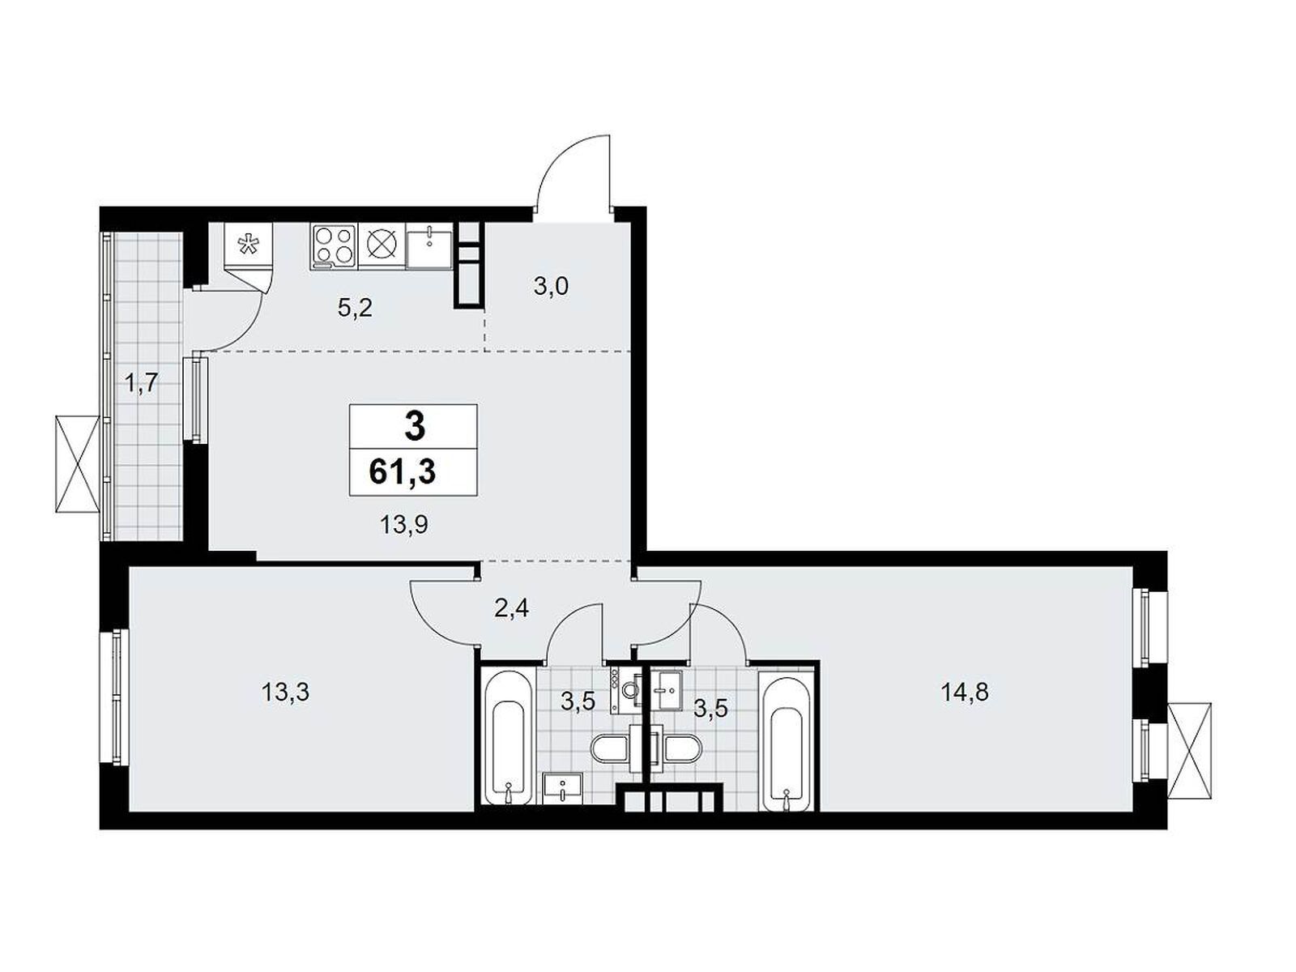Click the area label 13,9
click(404, 525)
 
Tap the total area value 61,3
click(403, 470)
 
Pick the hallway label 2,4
click(512, 607)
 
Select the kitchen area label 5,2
click(354, 308)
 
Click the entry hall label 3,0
click(552, 286)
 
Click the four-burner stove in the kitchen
click(334, 245)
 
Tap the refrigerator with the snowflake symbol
click(249, 245)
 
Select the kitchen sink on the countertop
click(428, 245)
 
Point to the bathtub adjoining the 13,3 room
click(507, 736)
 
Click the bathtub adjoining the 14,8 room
click(786, 743)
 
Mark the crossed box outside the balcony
click(78, 463)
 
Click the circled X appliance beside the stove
click(380, 245)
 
